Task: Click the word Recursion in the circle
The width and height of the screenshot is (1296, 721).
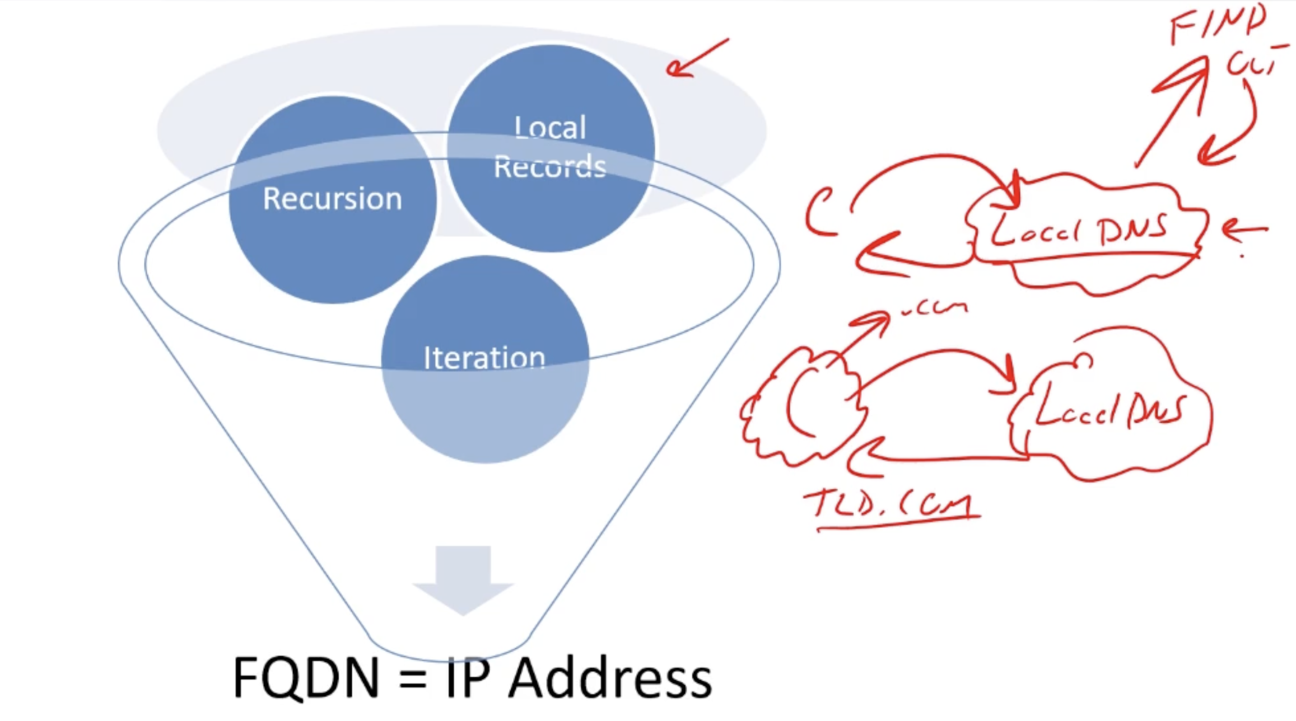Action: [332, 199]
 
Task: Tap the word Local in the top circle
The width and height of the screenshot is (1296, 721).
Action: [550, 128]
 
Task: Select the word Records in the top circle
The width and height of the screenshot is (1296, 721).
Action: [550, 167]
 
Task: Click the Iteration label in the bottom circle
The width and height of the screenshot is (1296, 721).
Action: [484, 358]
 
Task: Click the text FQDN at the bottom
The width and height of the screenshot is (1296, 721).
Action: [306, 677]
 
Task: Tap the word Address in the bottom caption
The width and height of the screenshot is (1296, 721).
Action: [610, 677]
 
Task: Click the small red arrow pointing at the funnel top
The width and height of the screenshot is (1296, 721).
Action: [694, 59]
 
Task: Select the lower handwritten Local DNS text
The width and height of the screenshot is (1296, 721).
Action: [1109, 409]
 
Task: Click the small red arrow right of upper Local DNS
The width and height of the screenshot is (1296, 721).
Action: [1243, 230]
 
